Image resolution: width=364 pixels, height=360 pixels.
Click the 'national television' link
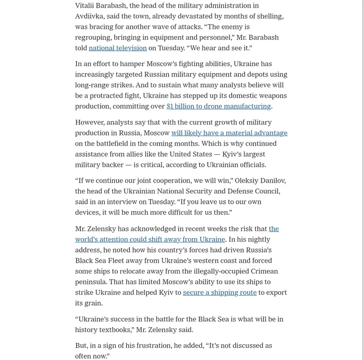(x=117, y=48)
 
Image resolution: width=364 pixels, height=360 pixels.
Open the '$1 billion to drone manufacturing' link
(x=218, y=106)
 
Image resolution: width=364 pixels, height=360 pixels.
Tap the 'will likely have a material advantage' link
(x=229, y=133)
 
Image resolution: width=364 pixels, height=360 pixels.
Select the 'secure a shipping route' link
(x=220, y=292)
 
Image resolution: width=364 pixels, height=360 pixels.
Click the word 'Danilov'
(x=270, y=180)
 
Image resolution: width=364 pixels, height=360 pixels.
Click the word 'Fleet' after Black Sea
(x=121, y=261)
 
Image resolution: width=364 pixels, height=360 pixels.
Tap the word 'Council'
(x=266, y=191)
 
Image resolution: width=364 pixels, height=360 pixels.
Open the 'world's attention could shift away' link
(x=150, y=239)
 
